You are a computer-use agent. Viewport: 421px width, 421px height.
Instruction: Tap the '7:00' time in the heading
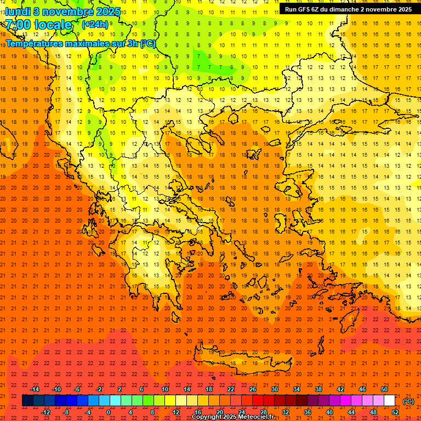18,25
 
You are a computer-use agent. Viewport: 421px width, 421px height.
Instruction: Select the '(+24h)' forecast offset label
95,24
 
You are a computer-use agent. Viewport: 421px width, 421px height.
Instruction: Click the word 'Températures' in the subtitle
34,43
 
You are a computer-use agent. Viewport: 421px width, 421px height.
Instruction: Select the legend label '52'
395,412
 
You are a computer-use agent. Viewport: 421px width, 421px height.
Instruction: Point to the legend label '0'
109,412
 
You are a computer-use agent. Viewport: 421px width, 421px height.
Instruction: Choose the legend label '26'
252,389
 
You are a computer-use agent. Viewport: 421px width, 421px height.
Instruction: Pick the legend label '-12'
45,412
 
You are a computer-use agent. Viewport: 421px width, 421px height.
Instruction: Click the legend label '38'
318,389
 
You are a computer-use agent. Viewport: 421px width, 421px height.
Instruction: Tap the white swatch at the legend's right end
390,401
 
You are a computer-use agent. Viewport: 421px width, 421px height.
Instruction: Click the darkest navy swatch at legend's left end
27,401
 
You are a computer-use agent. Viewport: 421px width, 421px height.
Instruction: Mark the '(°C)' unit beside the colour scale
408,401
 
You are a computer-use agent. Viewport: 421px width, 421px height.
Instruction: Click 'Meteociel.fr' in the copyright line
256,417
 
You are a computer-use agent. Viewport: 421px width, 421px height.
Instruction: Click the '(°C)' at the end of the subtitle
147,43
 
